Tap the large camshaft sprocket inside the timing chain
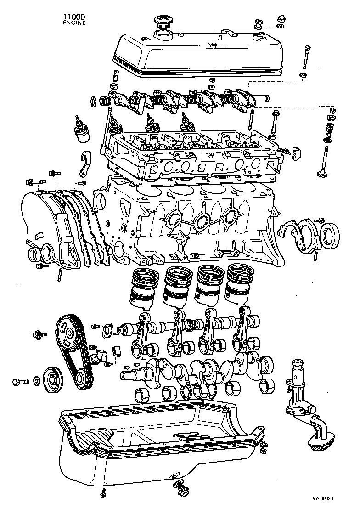pyautogui.click(x=67, y=332)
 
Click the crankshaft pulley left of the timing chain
pyautogui.click(x=51, y=380)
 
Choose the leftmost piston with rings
pyautogui.click(x=145, y=288)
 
